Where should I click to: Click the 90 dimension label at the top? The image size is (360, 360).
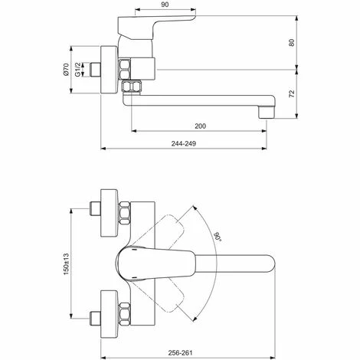[x=165, y=5]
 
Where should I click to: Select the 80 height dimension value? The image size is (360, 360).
[x=292, y=42]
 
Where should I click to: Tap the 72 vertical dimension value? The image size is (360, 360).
[x=292, y=93]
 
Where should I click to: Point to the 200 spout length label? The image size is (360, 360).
[x=200, y=126]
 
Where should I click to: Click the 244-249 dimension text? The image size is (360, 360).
[x=184, y=143]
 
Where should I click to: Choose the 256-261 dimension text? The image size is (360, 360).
[x=180, y=353]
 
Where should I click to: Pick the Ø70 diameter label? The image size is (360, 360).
[x=66, y=70]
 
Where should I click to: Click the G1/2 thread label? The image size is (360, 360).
[x=77, y=69]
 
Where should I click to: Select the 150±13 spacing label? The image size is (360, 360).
[x=67, y=264]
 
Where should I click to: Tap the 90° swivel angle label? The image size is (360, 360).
[x=217, y=236]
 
